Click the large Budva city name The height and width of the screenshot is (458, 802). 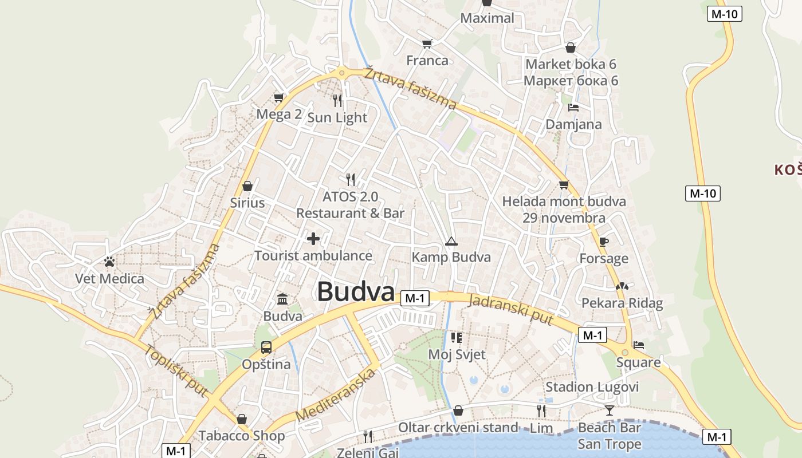(x=356, y=291)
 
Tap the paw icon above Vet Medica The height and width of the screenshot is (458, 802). (x=109, y=262)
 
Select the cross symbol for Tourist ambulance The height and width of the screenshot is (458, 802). (x=313, y=239)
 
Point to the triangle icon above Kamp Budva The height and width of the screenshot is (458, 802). (x=451, y=241)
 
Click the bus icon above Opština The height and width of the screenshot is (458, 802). (x=266, y=347)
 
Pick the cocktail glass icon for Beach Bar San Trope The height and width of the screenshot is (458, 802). (x=609, y=410)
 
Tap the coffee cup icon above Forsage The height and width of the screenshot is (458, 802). (x=604, y=242)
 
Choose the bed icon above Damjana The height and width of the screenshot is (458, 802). (x=573, y=107)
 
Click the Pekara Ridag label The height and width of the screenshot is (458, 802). (x=622, y=303)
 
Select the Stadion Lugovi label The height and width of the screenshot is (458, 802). (x=592, y=387)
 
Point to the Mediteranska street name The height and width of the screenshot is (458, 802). (x=337, y=395)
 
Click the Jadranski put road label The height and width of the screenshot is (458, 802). (x=510, y=310)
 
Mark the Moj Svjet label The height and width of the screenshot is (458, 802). (x=457, y=354)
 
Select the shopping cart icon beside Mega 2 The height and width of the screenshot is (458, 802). (x=279, y=97)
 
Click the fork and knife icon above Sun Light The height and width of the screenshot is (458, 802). (x=337, y=101)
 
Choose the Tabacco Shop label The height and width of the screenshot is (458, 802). (x=242, y=436)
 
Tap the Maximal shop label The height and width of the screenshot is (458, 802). (x=488, y=18)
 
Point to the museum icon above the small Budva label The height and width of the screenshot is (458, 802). (x=282, y=299)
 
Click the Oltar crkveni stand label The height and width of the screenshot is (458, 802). (x=458, y=428)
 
